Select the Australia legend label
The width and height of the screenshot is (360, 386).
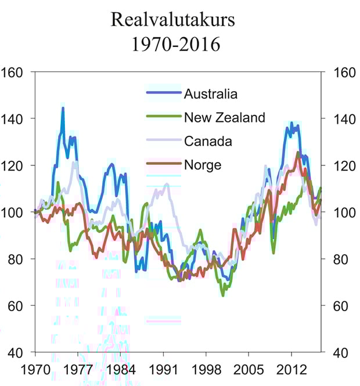pyautogui.click(x=211, y=94)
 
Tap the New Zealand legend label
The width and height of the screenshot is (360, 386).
pyautogui.click(x=224, y=118)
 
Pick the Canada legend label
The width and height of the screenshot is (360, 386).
pyautogui.click(x=208, y=141)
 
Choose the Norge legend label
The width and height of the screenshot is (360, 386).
pyautogui.click(x=203, y=165)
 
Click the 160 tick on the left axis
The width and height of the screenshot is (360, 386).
pyautogui.click(x=13, y=72)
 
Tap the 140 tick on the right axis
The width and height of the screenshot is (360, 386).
pyautogui.click(x=341, y=118)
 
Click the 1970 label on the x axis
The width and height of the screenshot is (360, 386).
pyautogui.click(x=35, y=369)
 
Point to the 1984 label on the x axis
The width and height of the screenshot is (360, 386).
pyautogui.click(x=120, y=369)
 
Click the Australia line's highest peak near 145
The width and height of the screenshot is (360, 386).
pyautogui.click(x=63, y=108)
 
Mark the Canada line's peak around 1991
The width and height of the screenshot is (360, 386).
pyautogui.click(x=167, y=185)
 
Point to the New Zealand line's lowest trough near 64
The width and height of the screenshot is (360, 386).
pyautogui.click(x=223, y=295)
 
